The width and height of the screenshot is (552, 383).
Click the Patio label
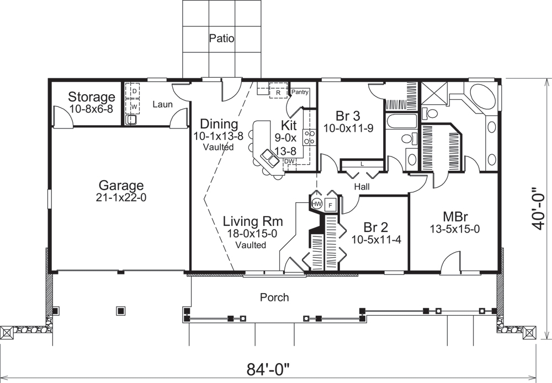tap(222, 39)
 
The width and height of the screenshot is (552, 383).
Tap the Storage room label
tap(92, 98)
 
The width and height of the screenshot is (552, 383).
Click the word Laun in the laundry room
tap(161, 103)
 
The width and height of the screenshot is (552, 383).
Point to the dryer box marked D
tap(134, 91)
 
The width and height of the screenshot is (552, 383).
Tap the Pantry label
tap(300, 92)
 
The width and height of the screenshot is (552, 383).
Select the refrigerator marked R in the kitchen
tap(279, 92)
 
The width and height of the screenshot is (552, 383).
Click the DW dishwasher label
tap(289, 161)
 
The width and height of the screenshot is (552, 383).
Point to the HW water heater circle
tap(317, 204)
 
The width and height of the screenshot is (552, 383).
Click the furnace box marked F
tap(331, 204)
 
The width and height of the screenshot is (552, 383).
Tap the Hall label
tap(362, 187)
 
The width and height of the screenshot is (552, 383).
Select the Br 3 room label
tap(348, 116)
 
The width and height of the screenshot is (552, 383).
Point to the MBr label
tap(455, 215)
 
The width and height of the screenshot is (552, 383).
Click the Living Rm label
tap(253, 222)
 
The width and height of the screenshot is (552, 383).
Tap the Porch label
tap(274, 298)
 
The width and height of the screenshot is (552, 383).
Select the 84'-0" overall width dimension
tap(269, 367)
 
